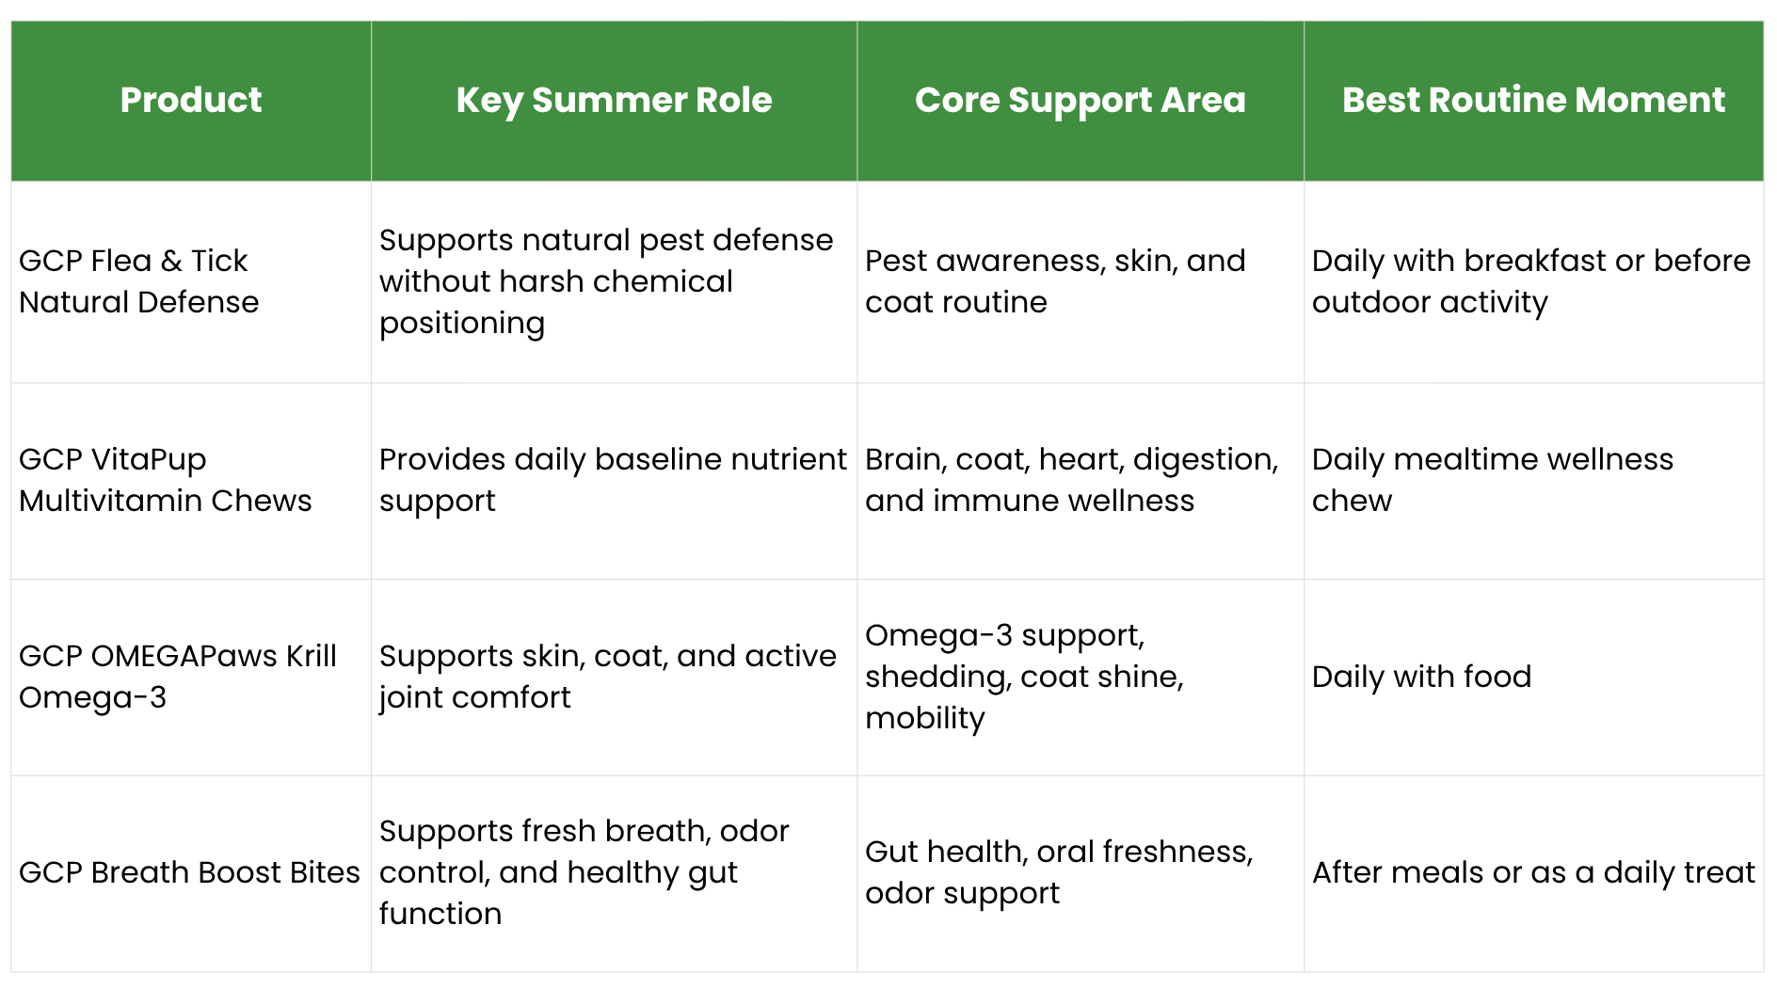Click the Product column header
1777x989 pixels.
(191, 100)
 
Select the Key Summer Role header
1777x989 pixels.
(614, 101)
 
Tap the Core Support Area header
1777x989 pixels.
(1080, 101)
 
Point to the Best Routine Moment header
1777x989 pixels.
(1533, 100)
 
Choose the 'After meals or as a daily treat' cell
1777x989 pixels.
(1533, 872)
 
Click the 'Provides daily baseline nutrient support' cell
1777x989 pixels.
(613, 480)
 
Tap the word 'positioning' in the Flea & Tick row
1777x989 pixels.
(462, 323)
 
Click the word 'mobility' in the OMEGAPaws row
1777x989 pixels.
(925, 718)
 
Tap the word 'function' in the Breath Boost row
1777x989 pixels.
(440, 914)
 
